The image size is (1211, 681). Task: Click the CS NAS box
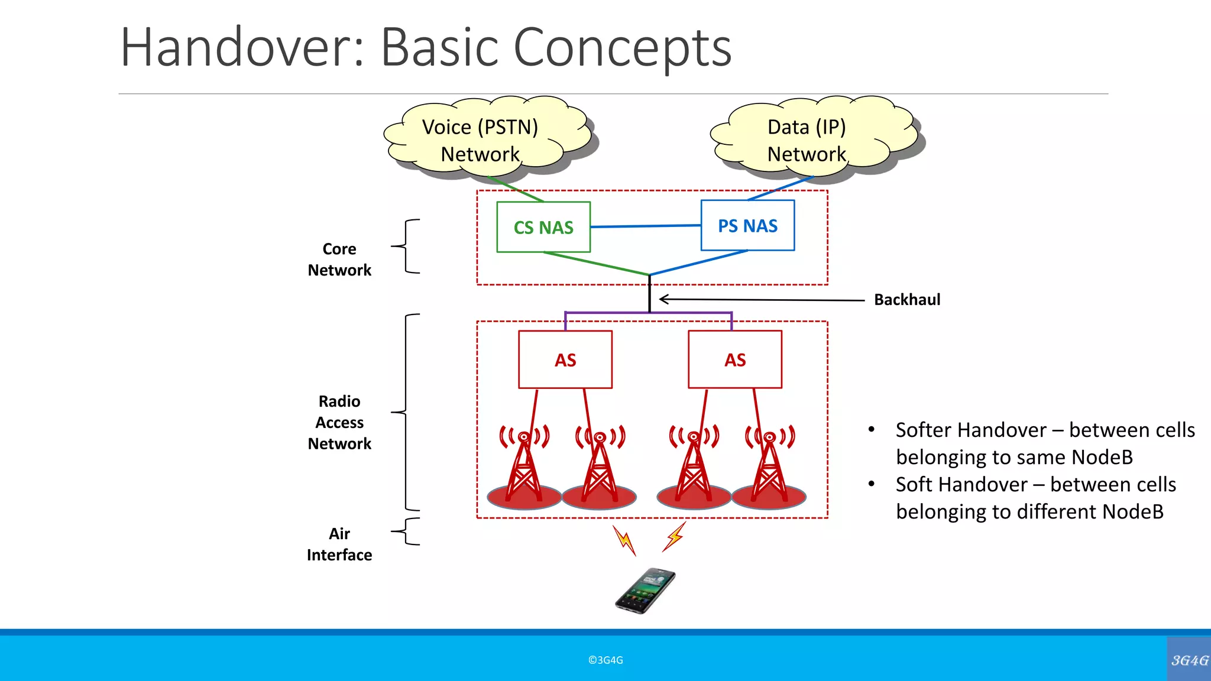click(543, 227)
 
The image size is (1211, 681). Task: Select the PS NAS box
click(747, 225)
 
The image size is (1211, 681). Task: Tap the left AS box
click(565, 359)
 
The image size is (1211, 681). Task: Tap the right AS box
click(734, 359)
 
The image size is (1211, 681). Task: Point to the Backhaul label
click(906, 300)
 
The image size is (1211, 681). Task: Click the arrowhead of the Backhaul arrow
click(663, 299)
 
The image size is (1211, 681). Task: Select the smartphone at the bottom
click(645, 591)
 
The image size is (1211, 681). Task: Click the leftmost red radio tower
click(524, 467)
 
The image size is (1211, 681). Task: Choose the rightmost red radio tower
click(769, 467)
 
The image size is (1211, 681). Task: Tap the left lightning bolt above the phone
click(624, 540)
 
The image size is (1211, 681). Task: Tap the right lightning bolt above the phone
click(674, 537)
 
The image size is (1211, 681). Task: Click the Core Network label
click(339, 260)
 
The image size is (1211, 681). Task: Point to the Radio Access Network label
click(339, 422)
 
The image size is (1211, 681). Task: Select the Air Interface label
click(339, 544)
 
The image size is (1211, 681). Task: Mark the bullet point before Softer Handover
click(871, 430)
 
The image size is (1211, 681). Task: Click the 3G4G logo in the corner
click(1189, 660)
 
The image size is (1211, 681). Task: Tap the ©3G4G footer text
click(605, 660)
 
